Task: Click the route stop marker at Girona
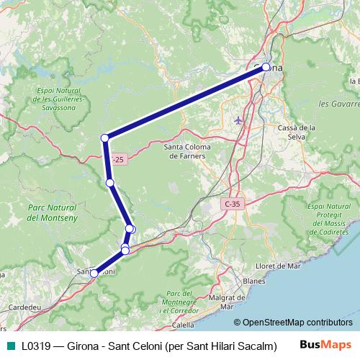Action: pyautogui.click(x=266, y=67)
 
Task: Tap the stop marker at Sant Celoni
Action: pyautogui.click(x=94, y=273)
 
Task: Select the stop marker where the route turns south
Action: pyautogui.click(x=105, y=138)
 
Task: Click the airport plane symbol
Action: pyautogui.click(x=239, y=120)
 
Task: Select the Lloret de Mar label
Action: pyautogui.click(x=277, y=266)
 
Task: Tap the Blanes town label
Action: pyautogui.click(x=255, y=281)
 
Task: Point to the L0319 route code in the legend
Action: pyautogui.click(x=37, y=346)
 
